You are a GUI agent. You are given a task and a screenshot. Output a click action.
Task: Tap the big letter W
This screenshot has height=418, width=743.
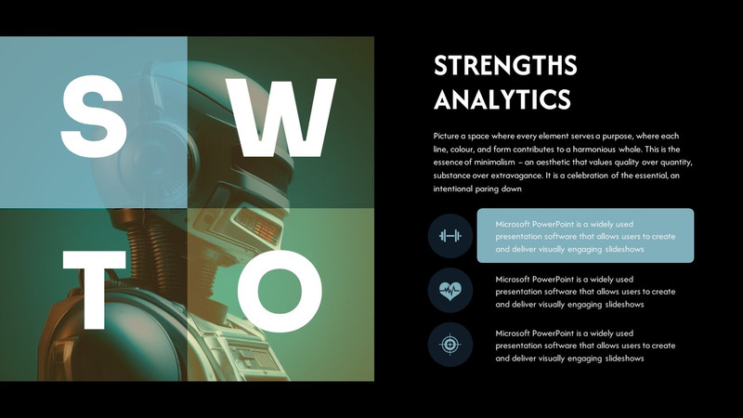[x=283, y=116]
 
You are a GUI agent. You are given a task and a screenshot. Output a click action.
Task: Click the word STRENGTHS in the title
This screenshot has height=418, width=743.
[x=505, y=66]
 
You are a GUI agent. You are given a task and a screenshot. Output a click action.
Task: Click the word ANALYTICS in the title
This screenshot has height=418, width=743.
[x=502, y=98]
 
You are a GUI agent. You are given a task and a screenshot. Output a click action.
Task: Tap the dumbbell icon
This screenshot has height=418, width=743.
[x=450, y=236]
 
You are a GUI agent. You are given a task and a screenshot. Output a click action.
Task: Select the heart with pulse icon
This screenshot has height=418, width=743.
[x=450, y=290]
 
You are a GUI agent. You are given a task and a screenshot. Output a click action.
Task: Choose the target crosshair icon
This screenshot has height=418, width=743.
[x=450, y=345]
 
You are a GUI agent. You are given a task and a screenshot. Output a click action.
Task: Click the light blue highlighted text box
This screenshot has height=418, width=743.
[x=585, y=236]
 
